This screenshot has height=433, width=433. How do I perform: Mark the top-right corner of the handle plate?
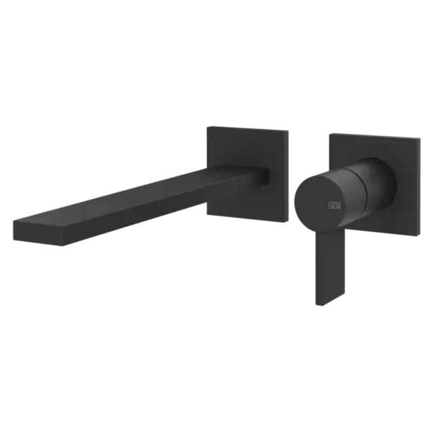[x=421, y=137]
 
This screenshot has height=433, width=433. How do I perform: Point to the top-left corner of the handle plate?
[x=329, y=132]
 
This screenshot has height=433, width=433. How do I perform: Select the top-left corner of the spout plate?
[x=206, y=125]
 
